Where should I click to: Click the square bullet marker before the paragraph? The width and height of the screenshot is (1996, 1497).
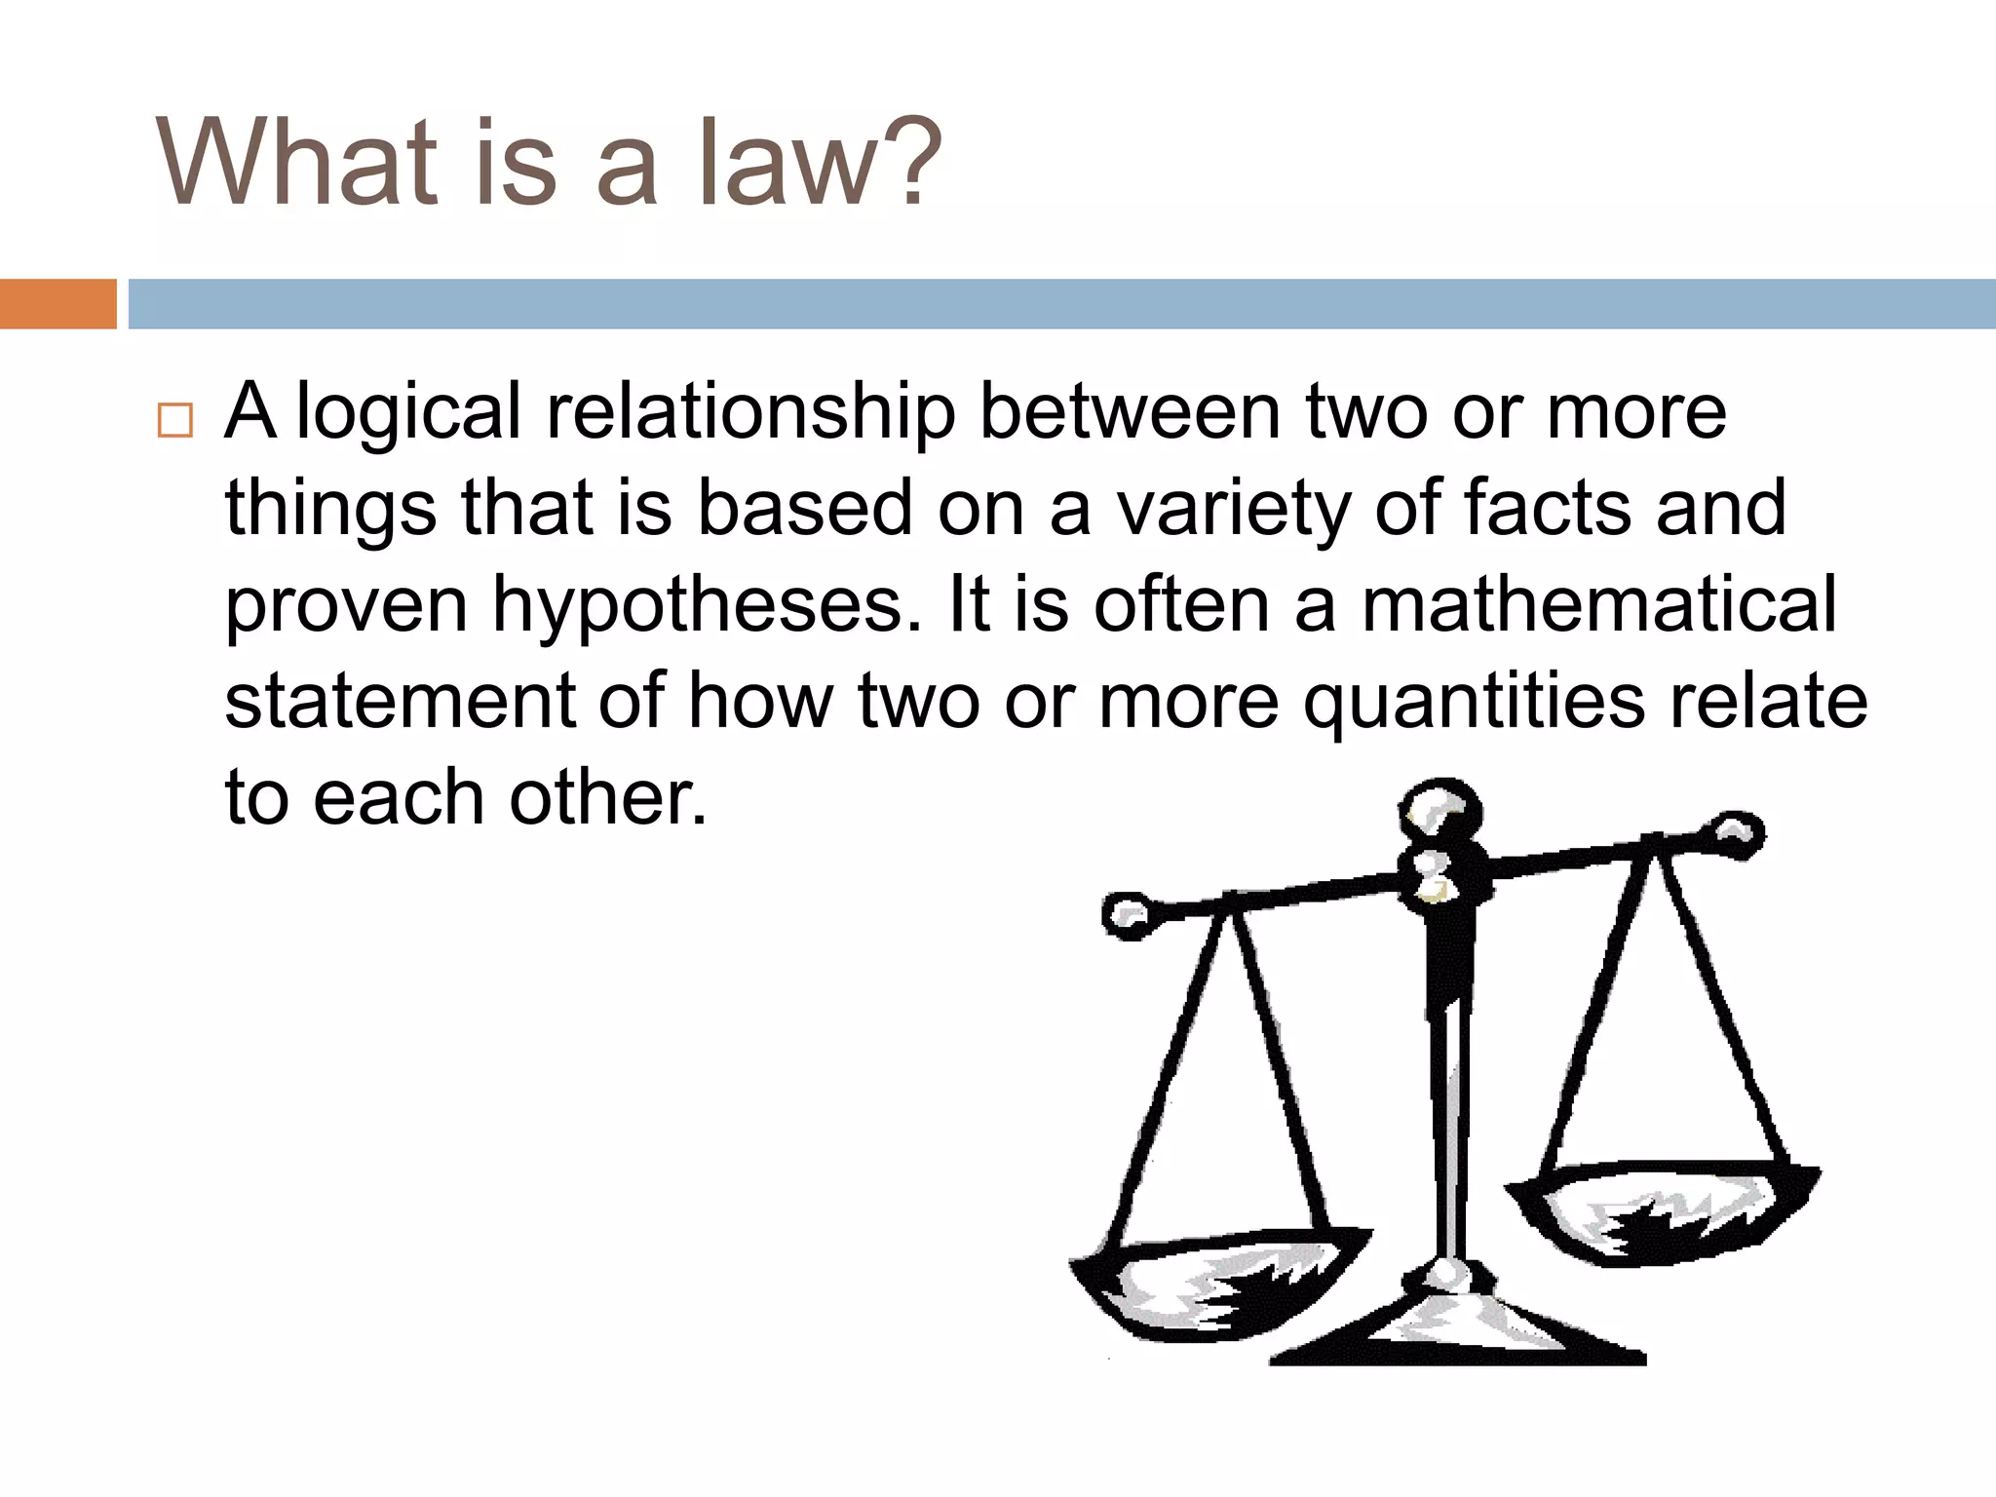tap(175, 421)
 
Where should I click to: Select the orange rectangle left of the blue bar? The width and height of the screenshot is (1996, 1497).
tap(58, 304)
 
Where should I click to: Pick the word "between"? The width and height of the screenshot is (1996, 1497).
tap(1130, 411)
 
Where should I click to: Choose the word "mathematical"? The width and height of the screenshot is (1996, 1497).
tap(1598, 604)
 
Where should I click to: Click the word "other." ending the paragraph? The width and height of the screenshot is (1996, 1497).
tap(608, 797)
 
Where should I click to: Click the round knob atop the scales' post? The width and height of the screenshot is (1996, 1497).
tap(1440, 806)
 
